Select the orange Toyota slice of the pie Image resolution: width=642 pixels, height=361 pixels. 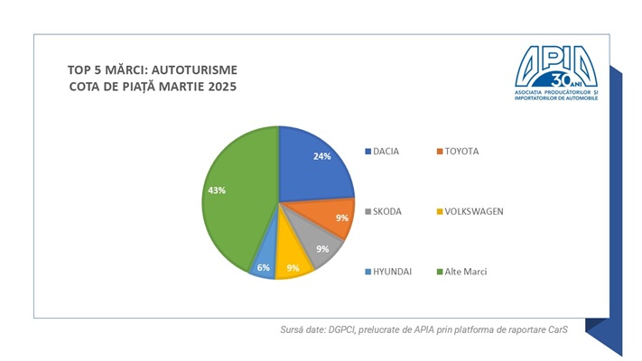[x=329, y=220]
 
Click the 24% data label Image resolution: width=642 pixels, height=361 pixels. [x=322, y=156]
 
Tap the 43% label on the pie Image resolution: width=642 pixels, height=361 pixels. [x=217, y=190]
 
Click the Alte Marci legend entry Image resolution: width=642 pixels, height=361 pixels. [x=464, y=271]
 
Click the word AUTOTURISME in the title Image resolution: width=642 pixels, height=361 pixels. [x=203, y=69]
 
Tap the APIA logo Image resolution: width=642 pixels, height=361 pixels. [x=555, y=69]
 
